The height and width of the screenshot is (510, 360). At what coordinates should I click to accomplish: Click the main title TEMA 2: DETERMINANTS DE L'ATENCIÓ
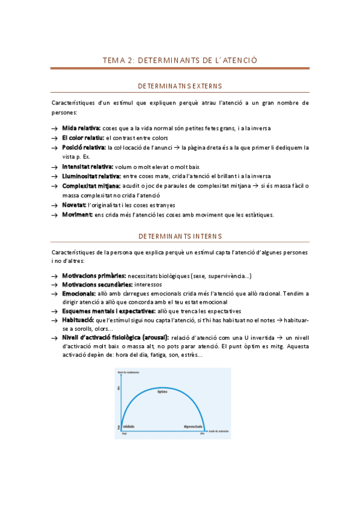click(180, 60)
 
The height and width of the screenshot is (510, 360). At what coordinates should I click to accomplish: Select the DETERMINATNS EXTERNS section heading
click(180, 86)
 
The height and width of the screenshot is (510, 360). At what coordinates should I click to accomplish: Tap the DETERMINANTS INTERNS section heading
click(180, 236)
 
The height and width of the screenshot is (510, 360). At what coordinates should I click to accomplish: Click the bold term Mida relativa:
click(82, 128)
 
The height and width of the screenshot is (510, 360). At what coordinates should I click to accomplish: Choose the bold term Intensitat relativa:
click(87, 166)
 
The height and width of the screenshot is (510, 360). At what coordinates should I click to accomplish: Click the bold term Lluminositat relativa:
click(91, 176)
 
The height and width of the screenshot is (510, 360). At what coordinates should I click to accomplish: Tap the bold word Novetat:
click(74, 205)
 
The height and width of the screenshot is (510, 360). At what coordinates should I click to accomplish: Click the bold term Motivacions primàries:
click(94, 275)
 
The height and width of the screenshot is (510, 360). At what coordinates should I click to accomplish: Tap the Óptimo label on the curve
click(162, 392)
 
